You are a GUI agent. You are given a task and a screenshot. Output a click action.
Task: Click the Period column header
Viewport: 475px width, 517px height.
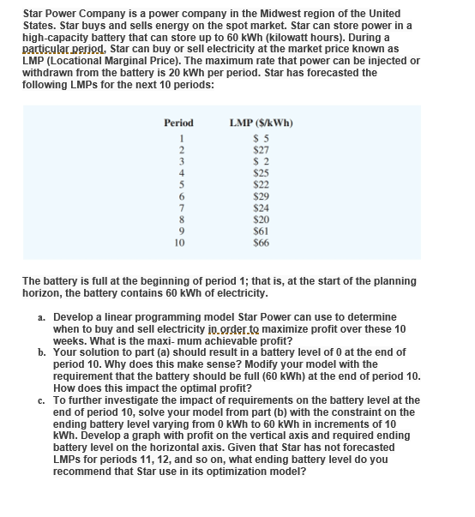(178, 123)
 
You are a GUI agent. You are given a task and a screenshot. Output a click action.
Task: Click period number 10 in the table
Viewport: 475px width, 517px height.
(178, 241)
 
